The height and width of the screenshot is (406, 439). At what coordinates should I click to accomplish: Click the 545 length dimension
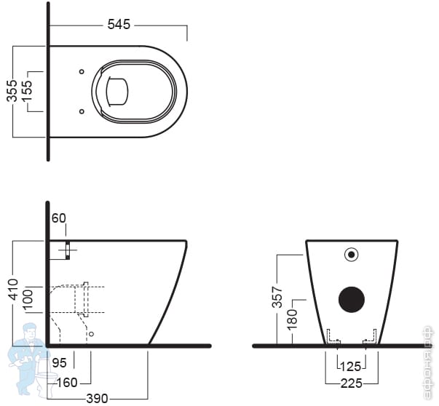[x=118, y=24]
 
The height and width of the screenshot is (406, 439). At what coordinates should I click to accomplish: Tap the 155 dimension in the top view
[x=26, y=91]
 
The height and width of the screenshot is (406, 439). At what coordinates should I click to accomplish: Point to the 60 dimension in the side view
[x=59, y=218]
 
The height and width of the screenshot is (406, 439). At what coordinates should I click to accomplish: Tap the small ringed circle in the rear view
[x=352, y=255]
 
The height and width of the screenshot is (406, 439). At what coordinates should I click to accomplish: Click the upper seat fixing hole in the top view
[x=81, y=71]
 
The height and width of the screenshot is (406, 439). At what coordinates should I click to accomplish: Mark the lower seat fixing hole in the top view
[x=81, y=111]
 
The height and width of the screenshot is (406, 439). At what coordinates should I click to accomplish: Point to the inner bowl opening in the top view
[x=117, y=91]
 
